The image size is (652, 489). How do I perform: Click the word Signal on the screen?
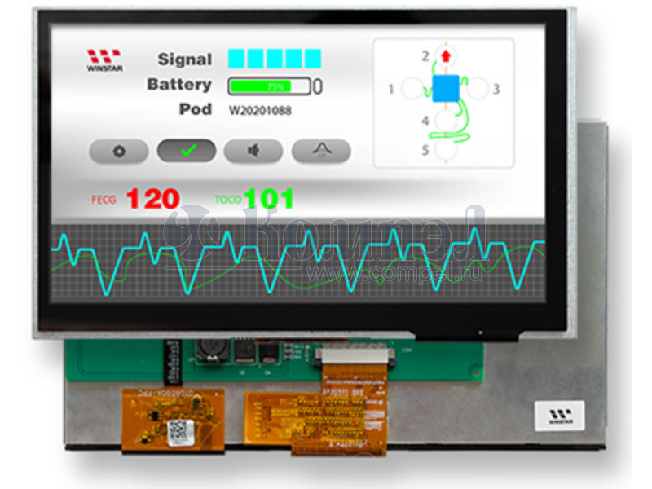pos(184,59)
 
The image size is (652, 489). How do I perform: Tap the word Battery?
pos(179,85)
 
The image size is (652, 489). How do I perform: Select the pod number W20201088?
pos(259,110)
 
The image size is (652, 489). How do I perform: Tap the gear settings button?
pos(119,151)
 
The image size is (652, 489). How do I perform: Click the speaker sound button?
pos(253,151)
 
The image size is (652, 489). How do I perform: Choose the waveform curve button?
pos(322,150)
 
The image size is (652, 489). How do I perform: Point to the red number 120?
pos(152,198)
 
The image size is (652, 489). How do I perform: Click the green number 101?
pos(268,198)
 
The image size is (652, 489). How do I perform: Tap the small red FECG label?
pos(104,200)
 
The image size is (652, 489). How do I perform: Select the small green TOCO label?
pos(227,200)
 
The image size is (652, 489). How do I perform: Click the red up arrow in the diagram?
pos(445,56)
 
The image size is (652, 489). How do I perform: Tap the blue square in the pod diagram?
pos(446,88)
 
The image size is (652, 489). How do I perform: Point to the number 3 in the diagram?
pos(496,89)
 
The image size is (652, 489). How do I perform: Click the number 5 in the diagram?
pos(425,150)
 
